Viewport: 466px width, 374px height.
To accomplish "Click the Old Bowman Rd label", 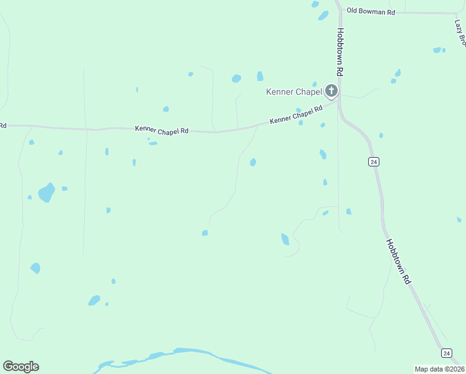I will coord(371,11).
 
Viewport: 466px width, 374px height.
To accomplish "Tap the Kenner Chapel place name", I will coord(293,92).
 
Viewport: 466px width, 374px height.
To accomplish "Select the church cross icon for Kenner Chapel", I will coord(331,92).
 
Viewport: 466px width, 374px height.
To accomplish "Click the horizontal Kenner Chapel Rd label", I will coord(161,130).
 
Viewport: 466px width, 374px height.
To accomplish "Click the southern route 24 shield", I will coord(446,353).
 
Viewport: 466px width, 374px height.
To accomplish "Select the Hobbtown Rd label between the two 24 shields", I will coord(398,262).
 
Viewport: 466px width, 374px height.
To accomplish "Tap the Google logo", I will coord(21,367).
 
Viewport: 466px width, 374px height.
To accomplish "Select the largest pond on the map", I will coord(46,192).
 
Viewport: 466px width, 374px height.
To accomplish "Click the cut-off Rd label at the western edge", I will coord(2,125).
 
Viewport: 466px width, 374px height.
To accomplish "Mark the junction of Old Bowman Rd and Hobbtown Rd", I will coord(338,11).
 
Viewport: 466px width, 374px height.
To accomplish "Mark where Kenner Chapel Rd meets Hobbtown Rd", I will coord(338,103).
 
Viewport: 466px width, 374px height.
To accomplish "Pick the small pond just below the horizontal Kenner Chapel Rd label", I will coord(153,143).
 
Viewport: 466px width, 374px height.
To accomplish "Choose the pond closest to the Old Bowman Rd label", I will coord(323,15).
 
